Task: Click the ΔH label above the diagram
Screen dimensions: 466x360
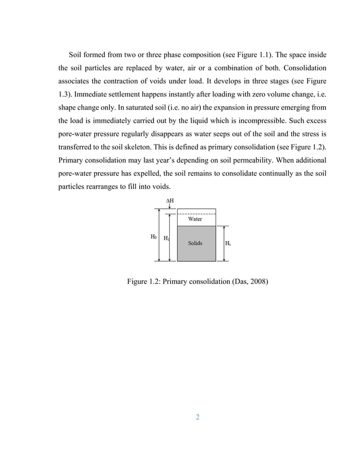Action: pos(169,201)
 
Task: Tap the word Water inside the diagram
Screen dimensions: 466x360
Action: pos(195,219)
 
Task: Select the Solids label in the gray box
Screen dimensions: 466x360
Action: pos(195,244)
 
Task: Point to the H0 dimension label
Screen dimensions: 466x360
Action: pos(153,237)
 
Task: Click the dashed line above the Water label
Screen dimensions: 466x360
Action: pos(196,213)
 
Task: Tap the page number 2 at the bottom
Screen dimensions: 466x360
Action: pos(197,417)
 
